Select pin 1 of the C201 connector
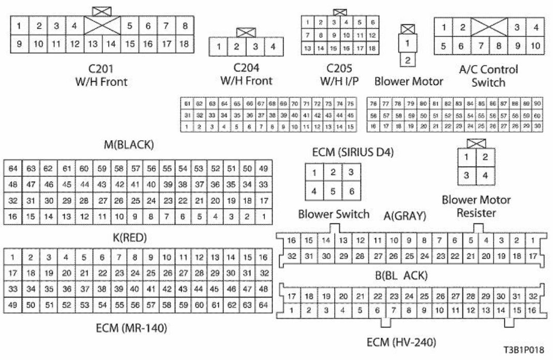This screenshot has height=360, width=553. (x=19, y=25)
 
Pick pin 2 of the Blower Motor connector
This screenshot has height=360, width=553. (x=408, y=60)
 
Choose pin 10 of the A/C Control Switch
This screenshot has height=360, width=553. (x=535, y=46)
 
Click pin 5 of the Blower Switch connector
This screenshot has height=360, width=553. (x=333, y=191)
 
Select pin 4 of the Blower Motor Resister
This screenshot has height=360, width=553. (x=485, y=175)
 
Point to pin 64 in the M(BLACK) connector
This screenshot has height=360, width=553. (x=13, y=168)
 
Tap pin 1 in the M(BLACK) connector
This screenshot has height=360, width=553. (x=264, y=216)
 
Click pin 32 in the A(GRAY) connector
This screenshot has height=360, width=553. (x=292, y=256)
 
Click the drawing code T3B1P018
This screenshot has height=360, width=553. (x=524, y=350)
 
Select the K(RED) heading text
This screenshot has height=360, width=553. (x=130, y=238)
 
